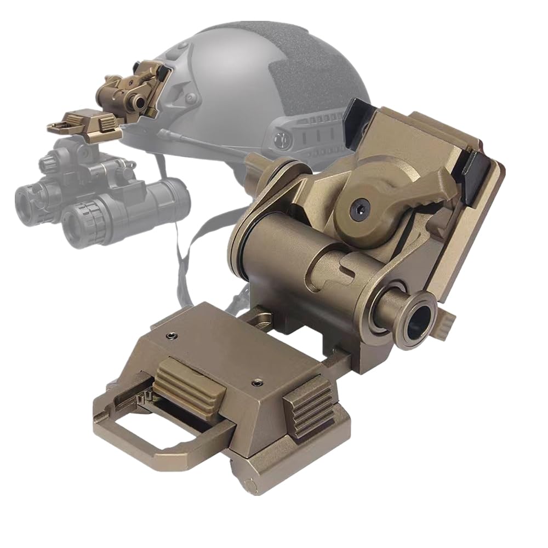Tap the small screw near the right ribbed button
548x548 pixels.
pyautogui.click(x=255, y=381)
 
